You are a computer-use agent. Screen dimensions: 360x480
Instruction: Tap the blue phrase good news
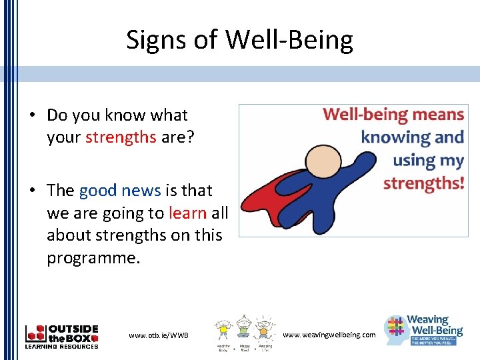pos(120,191)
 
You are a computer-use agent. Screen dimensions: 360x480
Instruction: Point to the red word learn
pos(188,213)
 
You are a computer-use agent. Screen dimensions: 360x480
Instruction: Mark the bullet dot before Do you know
pos(31,115)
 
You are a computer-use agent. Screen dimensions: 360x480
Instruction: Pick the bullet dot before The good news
pos(31,191)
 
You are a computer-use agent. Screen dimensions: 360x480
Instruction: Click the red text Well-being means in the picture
pos(393,114)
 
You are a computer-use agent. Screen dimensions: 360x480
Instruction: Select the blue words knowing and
pos(412,137)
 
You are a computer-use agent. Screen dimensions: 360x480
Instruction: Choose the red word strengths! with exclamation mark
pos(423,183)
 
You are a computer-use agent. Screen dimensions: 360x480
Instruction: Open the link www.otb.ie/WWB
pos(159,335)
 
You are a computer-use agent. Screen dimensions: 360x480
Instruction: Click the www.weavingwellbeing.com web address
pos(329,334)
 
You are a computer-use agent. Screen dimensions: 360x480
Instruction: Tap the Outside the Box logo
pos(61,336)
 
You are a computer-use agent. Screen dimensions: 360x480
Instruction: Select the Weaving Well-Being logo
pos(424,329)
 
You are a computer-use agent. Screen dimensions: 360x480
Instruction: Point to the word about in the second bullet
pos(69,236)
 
